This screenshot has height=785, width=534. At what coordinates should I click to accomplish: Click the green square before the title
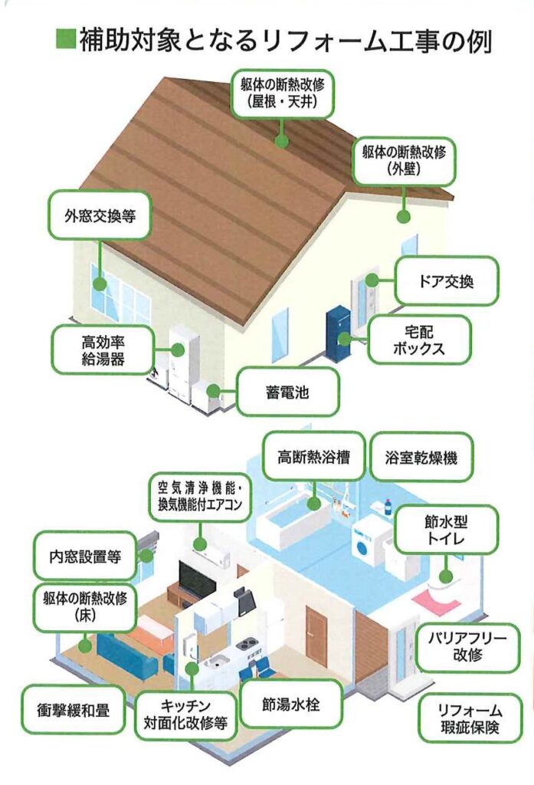pyautogui.click(x=64, y=39)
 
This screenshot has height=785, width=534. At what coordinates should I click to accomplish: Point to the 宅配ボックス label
pyautogui.click(x=418, y=340)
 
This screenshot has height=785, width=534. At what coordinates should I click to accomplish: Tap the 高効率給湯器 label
pyautogui.click(x=103, y=350)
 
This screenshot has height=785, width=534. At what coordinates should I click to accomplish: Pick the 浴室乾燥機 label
pyautogui.click(x=421, y=458)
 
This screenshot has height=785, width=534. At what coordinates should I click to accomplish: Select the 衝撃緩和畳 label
pyautogui.click(x=74, y=710)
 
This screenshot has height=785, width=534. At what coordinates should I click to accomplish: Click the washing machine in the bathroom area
pyautogui.click(x=369, y=540)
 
